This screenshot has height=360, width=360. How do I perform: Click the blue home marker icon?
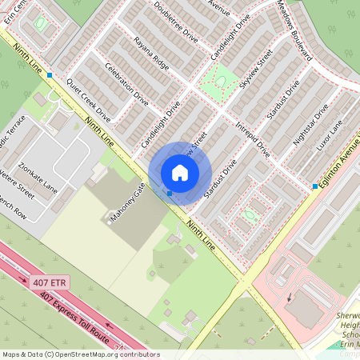pos(180,172)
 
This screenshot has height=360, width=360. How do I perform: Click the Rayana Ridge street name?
pos(151,54)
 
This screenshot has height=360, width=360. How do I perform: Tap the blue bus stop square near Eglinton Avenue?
pos(315,186)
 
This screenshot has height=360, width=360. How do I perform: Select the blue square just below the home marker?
pos(169,193)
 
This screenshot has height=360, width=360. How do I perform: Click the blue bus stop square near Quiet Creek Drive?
pos(50,74)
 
